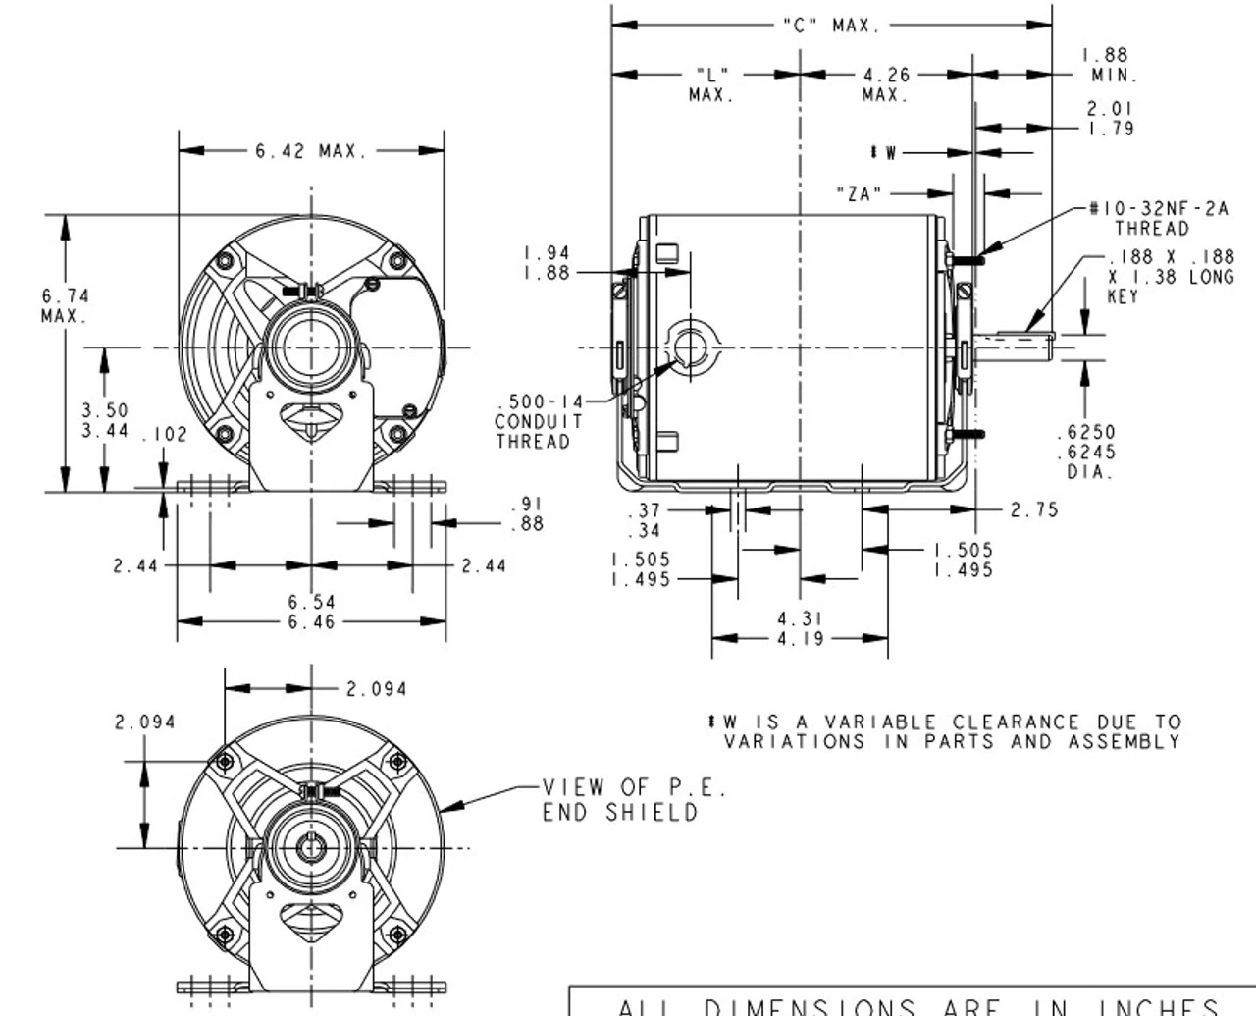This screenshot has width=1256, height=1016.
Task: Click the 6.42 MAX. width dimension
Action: point(310,151)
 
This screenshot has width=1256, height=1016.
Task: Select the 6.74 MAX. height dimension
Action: point(65,305)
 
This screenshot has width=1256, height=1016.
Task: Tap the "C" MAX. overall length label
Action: point(832,26)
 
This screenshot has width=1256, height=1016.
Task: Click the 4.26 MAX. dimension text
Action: point(886,84)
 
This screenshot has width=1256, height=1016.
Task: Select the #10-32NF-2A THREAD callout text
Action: point(1157,218)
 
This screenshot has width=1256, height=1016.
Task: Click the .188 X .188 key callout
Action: point(1169,276)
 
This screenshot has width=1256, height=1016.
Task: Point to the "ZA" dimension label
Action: point(859,194)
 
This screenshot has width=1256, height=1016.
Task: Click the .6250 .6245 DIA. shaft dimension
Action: point(1090,452)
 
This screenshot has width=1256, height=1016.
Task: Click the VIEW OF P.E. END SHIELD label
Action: point(635,799)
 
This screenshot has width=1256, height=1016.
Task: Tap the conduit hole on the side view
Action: point(690,348)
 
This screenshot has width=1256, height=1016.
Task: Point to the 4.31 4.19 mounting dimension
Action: point(800,628)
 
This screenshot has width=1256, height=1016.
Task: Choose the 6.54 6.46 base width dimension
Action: point(311,612)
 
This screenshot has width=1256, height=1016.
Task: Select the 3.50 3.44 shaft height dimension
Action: point(104,419)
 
